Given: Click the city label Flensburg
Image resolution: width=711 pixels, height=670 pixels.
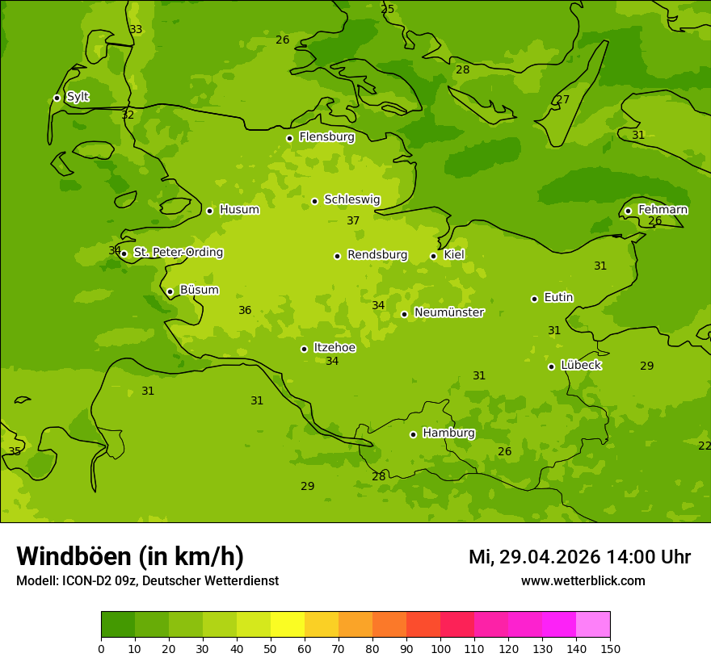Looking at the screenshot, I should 326,137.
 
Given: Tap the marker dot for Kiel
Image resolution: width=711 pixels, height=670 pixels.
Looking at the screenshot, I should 433,256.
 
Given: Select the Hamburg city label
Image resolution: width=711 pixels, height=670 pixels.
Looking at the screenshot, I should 448,433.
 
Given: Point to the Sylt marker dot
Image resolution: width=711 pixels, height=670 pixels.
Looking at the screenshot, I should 57,98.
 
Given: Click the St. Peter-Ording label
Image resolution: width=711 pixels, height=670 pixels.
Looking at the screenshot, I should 178,253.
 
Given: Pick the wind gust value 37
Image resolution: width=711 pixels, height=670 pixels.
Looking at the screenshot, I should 353,221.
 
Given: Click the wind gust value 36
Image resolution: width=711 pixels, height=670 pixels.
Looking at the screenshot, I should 245,311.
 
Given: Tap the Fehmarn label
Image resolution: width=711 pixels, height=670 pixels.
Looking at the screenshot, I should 663,210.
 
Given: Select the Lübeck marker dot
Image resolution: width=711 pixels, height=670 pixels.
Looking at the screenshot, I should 551,366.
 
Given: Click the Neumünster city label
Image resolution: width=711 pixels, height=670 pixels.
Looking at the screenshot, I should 448,312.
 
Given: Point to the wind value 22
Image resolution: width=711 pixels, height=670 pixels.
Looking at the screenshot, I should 705,446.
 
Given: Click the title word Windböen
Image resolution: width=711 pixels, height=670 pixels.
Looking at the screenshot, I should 74,556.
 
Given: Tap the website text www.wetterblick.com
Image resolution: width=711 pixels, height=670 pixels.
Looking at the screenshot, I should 583,580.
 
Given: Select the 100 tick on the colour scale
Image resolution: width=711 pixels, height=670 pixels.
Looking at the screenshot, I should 440,648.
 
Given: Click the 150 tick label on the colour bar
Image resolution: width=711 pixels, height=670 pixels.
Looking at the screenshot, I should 609,648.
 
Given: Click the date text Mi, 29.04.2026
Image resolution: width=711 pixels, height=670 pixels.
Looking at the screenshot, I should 534,557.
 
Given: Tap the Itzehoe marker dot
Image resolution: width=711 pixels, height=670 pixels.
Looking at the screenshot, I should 304,349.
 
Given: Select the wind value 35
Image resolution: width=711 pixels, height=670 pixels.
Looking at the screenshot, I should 15,452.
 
